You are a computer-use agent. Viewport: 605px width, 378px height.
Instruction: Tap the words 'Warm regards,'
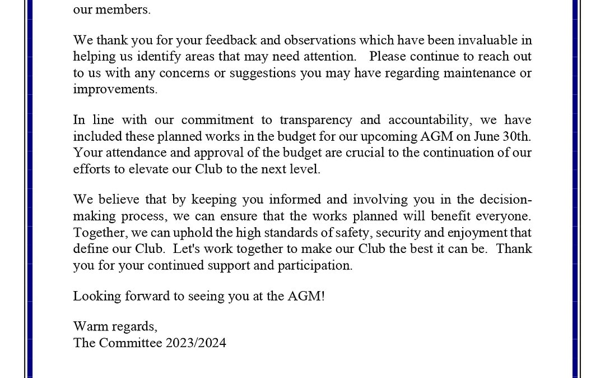coord(115,327)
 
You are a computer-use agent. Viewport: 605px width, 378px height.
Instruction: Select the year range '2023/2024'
coord(196,343)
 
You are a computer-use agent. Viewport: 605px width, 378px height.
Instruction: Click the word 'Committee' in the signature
coord(131,343)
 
